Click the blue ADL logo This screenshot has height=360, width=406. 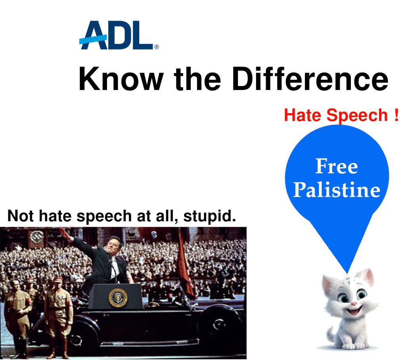point(117,35)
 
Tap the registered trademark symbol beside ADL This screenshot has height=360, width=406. point(157,47)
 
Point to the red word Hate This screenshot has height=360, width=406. point(303,115)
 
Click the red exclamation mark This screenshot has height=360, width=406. point(396,115)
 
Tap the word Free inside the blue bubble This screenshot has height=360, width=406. point(337,166)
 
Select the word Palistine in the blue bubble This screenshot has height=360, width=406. point(337,190)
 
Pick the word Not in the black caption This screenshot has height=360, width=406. point(21,216)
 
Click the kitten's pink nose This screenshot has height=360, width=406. point(354,303)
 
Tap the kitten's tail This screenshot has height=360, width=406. point(330,335)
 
